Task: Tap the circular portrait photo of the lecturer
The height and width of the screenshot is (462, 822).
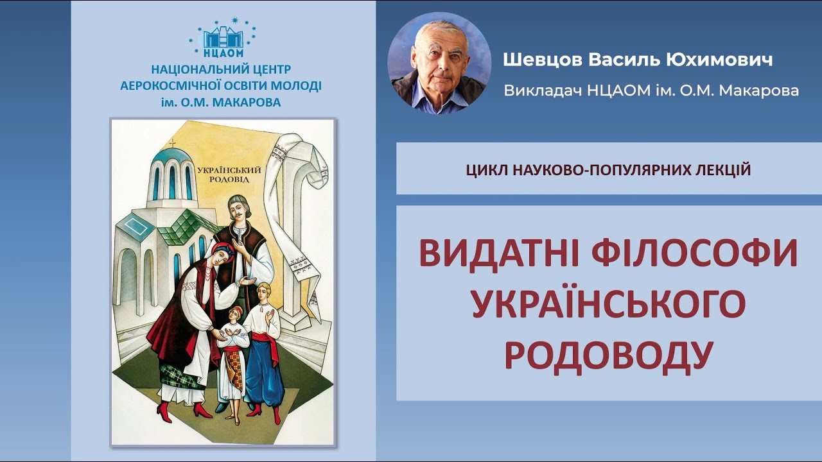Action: tap(439, 63)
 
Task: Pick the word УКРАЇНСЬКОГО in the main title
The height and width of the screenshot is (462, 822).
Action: tap(609, 305)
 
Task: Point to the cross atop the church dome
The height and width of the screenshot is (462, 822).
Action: tap(171, 142)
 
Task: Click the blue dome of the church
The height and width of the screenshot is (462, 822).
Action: tap(171, 157)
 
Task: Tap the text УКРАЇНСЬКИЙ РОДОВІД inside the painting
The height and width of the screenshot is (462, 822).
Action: tap(229, 175)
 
